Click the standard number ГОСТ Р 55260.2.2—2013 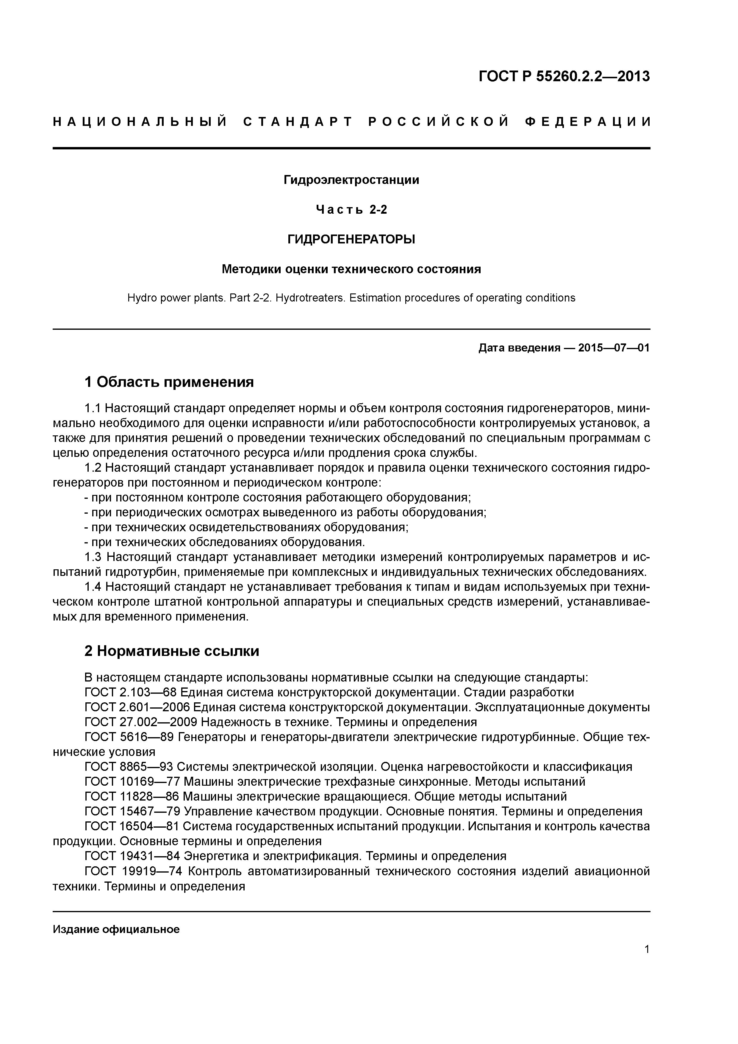(564, 76)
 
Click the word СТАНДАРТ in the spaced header (298, 122)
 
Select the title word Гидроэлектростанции (351, 180)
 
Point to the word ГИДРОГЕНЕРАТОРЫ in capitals (351, 239)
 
